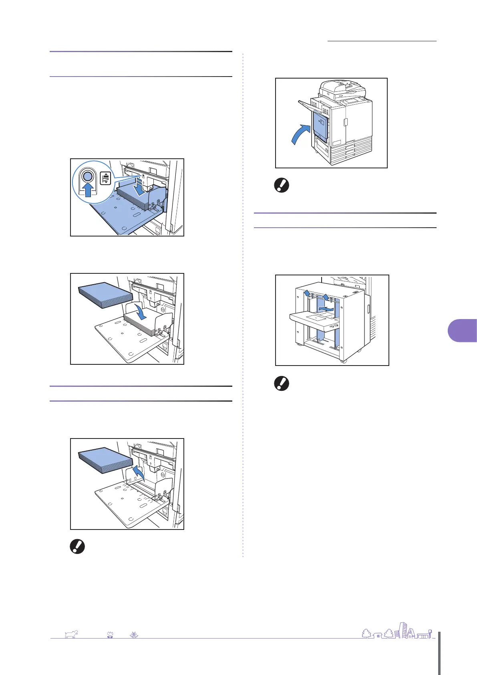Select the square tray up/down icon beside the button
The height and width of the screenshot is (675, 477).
click(105, 178)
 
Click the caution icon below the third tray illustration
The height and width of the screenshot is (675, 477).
click(77, 547)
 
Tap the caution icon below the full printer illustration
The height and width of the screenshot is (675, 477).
click(282, 185)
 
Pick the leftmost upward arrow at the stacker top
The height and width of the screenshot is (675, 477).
click(307, 294)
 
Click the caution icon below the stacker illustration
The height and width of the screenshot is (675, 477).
click(282, 384)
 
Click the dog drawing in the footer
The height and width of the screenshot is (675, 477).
click(71, 634)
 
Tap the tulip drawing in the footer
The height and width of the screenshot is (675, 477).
click(110, 635)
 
